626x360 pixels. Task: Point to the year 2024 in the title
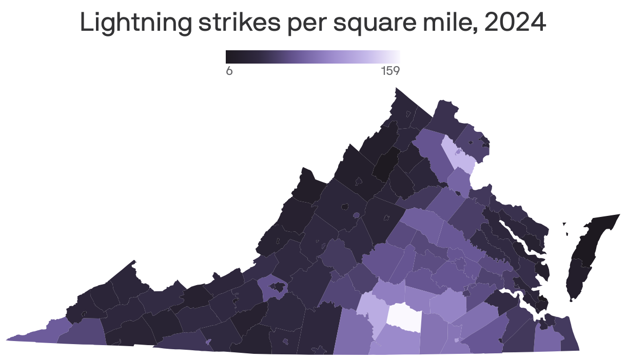tap(515, 24)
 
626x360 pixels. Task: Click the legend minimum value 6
tap(229, 71)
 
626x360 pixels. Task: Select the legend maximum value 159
tap(390, 71)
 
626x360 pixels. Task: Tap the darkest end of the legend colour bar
tap(228, 56)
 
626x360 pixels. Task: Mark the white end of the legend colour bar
tap(397, 56)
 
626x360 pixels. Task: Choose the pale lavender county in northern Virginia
tap(458, 155)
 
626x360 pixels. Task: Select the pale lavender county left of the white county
tap(371, 313)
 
